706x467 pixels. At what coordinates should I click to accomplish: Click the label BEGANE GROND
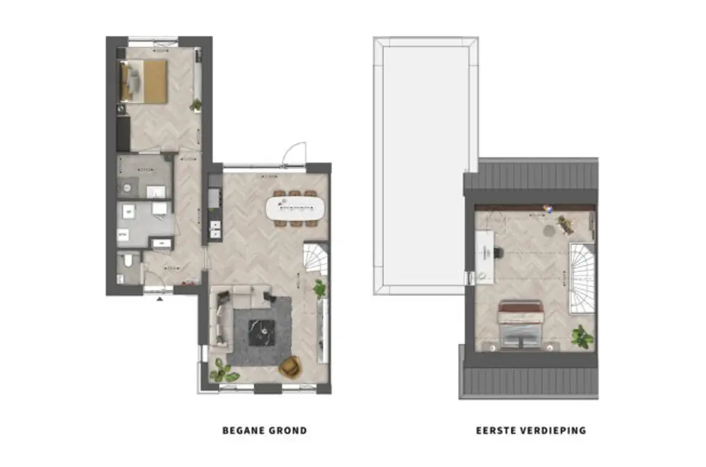264,430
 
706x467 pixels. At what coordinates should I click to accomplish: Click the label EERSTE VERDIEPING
530,430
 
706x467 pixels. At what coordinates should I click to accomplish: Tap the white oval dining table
296,208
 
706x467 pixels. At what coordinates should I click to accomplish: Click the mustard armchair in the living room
290,367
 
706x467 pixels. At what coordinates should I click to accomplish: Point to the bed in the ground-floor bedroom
144,81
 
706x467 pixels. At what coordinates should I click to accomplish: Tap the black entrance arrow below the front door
158,299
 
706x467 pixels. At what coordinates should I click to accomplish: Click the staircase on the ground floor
315,258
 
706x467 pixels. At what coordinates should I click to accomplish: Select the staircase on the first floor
583,277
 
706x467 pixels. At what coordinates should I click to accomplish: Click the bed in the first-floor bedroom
520,325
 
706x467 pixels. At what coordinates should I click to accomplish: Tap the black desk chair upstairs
496,253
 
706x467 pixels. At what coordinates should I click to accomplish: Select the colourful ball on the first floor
546,210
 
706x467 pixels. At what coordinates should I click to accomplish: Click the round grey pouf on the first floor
549,231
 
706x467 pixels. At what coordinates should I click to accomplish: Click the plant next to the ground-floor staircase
321,287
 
